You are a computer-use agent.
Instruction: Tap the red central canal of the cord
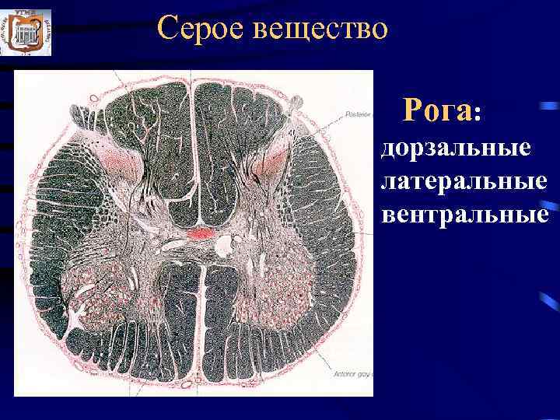[x=201, y=232]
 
